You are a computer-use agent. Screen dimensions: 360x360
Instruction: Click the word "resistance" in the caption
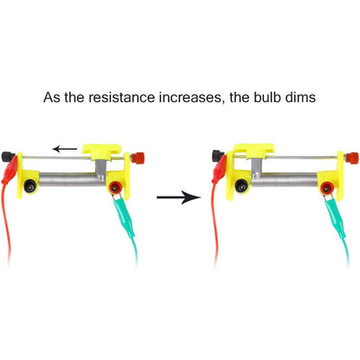(121, 97)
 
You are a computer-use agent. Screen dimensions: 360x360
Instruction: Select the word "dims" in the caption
(300, 97)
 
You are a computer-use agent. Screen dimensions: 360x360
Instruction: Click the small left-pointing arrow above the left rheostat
(65, 149)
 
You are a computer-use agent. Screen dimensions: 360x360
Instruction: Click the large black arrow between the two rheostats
(178, 197)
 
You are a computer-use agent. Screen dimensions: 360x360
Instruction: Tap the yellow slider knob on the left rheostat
(101, 151)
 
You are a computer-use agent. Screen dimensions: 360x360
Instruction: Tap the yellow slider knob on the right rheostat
(254, 151)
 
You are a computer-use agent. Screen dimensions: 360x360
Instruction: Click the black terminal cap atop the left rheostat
(8, 157)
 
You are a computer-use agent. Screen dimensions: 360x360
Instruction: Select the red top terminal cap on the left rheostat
(138, 157)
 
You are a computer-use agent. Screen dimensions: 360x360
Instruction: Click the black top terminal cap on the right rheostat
(218, 155)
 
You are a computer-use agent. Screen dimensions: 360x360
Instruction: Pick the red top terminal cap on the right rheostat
(352, 157)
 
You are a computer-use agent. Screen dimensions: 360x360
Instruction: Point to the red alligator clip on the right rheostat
(219, 170)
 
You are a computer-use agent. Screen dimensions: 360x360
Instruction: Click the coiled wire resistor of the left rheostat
(72, 179)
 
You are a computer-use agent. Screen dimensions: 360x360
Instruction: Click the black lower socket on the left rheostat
(29, 186)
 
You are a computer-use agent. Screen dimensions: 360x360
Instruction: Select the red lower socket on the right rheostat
(327, 188)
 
